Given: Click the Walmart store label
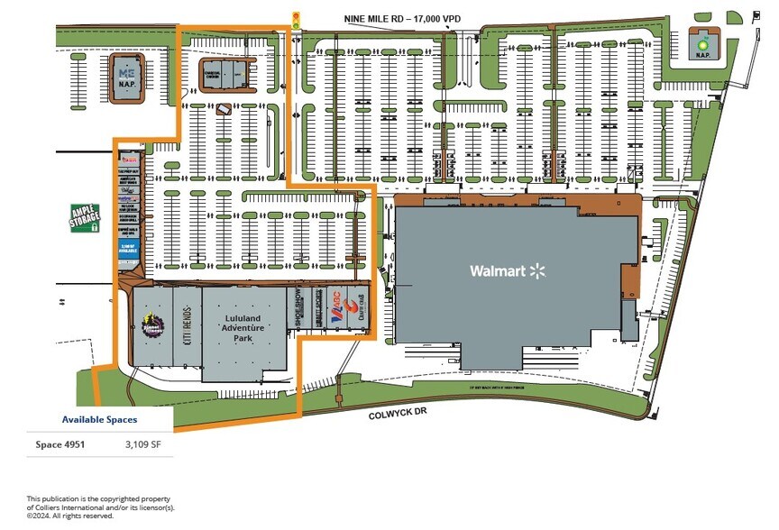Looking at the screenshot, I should click(x=497, y=270).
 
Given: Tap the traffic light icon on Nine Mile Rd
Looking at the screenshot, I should click(x=296, y=19).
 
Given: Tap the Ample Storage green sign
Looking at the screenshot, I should click(x=86, y=217).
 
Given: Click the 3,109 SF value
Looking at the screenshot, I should click(x=143, y=443).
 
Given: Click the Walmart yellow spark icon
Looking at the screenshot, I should click(x=539, y=270).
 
